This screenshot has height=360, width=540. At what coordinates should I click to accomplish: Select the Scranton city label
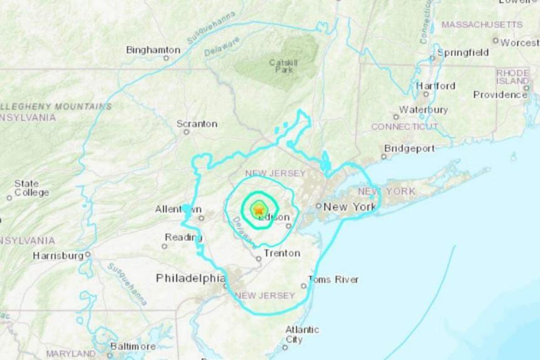[x=197, y=124]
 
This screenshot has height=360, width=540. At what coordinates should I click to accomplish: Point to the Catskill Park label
[x=281, y=65]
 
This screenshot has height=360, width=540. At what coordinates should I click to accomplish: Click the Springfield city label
[x=463, y=53]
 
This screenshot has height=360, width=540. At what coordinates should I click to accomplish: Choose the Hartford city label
[x=435, y=85]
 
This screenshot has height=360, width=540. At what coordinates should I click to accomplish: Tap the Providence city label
[x=500, y=95]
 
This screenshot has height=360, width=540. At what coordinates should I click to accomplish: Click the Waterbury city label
[x=424, y=109]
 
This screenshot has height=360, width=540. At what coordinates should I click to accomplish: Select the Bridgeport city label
[x=408, y=148]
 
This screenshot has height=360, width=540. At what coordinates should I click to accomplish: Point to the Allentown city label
[x=178, y=209]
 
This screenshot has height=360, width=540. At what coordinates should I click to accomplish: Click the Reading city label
[x=183, y=237]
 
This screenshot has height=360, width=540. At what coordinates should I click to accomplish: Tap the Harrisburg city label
[x=58, y=256]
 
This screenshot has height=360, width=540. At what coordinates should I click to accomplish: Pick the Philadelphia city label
[x=190, y=278]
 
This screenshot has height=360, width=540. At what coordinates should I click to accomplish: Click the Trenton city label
[x=281, y=254]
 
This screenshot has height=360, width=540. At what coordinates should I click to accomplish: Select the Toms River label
[x=333, y=280]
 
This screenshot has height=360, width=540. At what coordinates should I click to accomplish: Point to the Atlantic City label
[x=302, y=334]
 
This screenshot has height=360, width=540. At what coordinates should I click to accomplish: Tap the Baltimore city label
[x=132, y=346]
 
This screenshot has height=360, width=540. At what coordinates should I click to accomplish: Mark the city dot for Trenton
[x=259, y=258]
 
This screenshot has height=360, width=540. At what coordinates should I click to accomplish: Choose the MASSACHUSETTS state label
[x=482, y=25]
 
